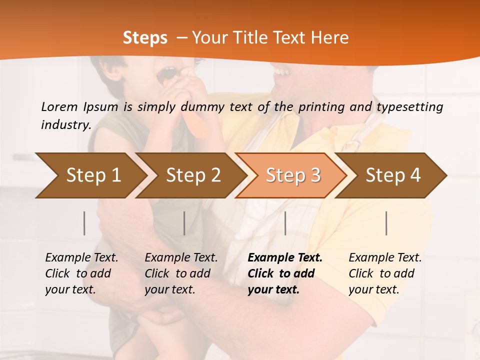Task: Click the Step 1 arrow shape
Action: coord(90,175)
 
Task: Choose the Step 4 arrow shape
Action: coord(392,175)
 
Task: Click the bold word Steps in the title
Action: coord(145,38)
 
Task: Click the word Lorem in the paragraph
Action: coord(59,106)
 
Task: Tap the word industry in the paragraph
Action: coord(65,124)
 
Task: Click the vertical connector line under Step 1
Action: coord(84,223)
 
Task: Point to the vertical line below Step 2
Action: coord(184,223)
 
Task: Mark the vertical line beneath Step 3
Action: coord(285,223)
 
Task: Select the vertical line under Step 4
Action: coord(386,223)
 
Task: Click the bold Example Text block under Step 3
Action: coord(285,273)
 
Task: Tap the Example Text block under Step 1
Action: coord(81,273)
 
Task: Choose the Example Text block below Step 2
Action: coord(181,273)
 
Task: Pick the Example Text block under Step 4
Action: coord(385,273)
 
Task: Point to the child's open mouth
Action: coord(166,75)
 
